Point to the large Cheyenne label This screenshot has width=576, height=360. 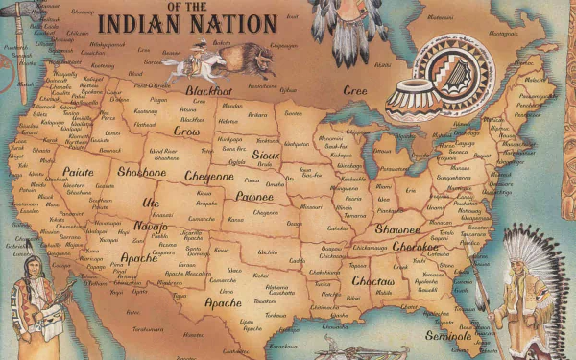209,177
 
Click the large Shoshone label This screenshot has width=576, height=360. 142,172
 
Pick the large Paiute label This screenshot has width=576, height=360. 79,173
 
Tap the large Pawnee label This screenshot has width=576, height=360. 254,197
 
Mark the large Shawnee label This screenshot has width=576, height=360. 397,229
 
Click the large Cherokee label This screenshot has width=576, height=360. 415,247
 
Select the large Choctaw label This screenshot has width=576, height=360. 373,281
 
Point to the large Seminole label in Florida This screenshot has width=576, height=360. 447,336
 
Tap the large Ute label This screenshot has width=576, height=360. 151,203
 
